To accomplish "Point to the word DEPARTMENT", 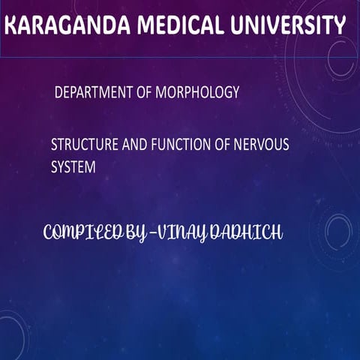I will tap(94, 93).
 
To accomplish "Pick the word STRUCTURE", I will tap(81, 145).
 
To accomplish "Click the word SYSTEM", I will tap(73, 167).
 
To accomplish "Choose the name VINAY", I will tap(190, 234).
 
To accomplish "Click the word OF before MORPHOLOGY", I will tap(145, 93).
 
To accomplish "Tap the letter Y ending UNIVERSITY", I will tap(337, 28).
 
